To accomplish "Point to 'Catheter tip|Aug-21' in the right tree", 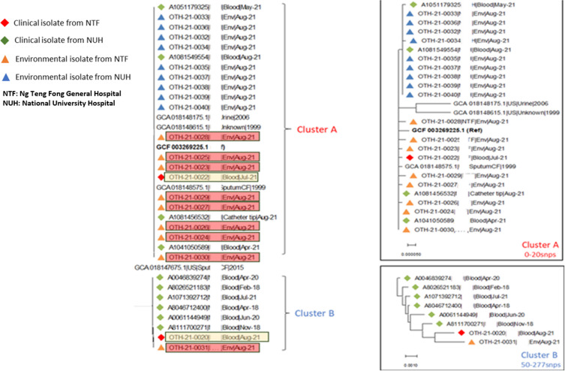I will (492, 194).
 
